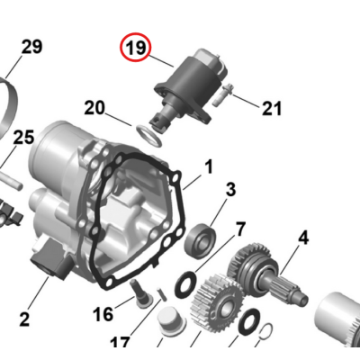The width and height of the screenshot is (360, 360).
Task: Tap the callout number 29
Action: coord(31,47)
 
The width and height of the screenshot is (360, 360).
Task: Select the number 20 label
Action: coord(94,108)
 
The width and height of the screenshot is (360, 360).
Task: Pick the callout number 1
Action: coord(208,166)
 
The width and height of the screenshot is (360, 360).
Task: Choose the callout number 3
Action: coord(230,189)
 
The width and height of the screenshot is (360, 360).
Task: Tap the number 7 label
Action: coord(239,228)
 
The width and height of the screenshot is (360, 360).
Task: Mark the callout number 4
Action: coord(302,238)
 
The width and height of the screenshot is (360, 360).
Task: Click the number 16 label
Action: coord(103,313)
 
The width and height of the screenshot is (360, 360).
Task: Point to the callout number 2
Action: coord(24,318)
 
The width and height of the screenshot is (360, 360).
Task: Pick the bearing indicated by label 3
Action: coord(199,238)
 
